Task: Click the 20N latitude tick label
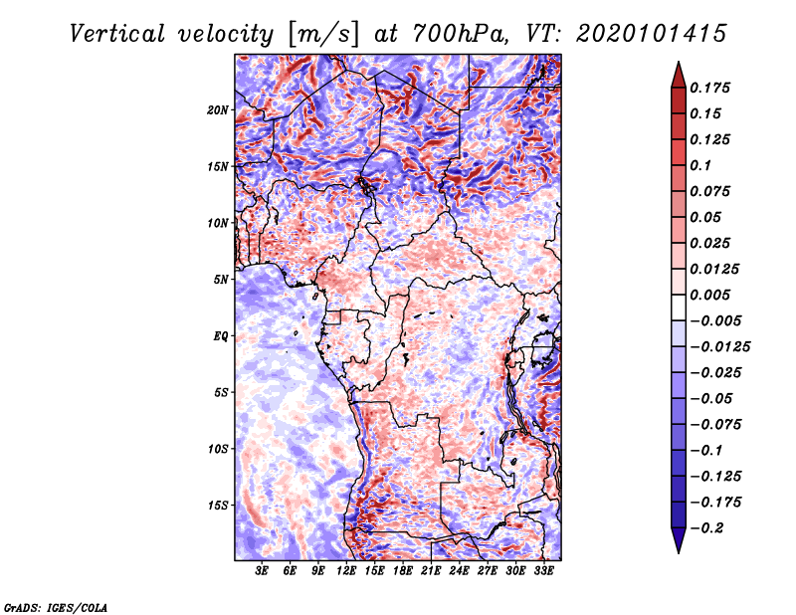(218, 109)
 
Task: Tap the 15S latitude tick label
(218, 506)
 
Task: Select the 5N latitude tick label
(221, 280)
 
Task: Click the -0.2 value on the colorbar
(712, 528)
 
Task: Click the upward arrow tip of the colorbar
(678, 64)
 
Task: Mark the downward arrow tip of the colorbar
(678, 551)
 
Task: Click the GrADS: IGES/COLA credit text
(55, 606)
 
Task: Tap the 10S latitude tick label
(218, 449)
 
